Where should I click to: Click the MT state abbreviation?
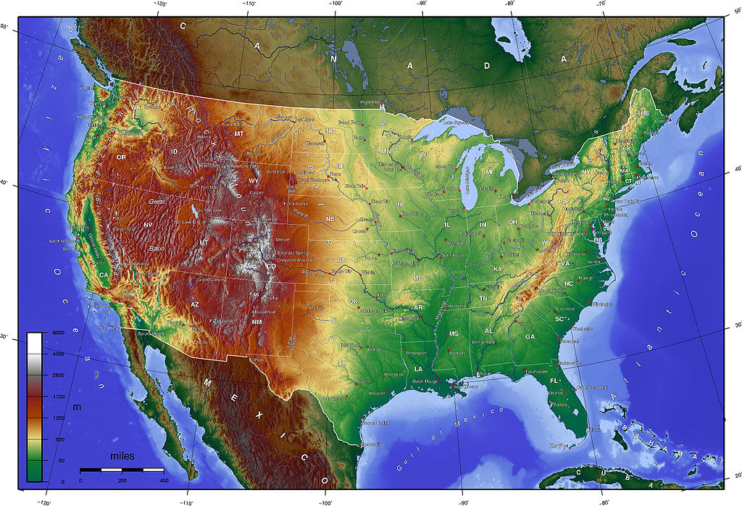239,134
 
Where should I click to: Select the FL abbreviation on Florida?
554,381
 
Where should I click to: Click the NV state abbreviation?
148,225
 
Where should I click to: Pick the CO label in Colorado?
272,266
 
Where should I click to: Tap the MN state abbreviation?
386,152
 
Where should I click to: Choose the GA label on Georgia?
530,336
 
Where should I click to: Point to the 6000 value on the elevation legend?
58,333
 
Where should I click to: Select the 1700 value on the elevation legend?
58,397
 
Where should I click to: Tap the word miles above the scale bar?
122,457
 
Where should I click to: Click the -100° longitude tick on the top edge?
335,4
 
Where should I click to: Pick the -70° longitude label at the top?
601,4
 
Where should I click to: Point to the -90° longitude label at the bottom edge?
463,502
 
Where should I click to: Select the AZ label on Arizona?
195,304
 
